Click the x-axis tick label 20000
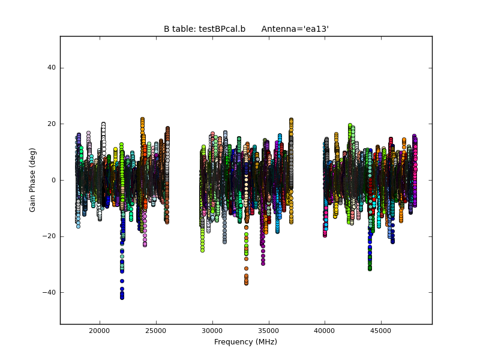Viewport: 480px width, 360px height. [99, 331]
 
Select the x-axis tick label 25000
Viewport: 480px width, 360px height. [156, 331]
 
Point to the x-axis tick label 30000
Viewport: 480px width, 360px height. [212, 331]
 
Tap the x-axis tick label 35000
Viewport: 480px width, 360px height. [268, 331]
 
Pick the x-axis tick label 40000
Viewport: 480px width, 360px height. [325, 331]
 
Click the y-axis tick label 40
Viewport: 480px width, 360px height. [52, 68]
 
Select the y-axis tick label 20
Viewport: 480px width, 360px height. [52, 124]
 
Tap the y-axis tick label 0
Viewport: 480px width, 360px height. [54, 180]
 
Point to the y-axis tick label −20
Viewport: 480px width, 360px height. [50, 236]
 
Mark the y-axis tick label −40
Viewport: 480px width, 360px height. [50, 293]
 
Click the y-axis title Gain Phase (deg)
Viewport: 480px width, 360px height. [33, 180]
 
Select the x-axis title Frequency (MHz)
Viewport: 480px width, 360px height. [245, 342]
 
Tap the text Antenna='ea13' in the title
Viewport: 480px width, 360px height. [295, 29]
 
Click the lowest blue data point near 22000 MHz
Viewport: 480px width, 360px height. [122, 298]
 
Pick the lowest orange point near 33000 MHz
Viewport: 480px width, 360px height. [246, 283]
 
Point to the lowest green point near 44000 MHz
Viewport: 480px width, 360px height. [370, 268]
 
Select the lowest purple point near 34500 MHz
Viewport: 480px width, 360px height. [263, 263]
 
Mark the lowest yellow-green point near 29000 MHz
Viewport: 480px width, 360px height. [202, 250]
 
